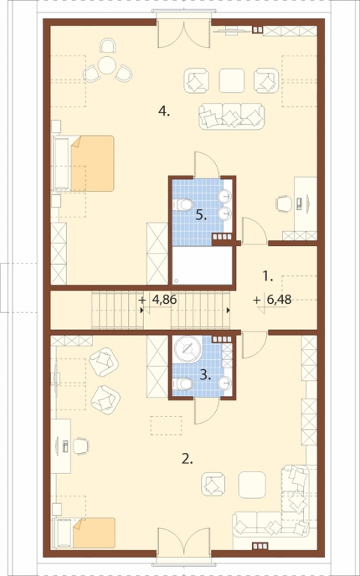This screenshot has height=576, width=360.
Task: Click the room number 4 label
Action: point(163,110)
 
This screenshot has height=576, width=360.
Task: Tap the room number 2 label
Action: point(187,459)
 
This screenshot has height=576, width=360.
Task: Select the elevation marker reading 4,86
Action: point(158,300)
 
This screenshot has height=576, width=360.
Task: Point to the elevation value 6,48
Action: point(273,300)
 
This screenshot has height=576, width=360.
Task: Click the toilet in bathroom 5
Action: point(182,205)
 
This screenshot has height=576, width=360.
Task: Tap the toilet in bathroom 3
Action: point(182,384)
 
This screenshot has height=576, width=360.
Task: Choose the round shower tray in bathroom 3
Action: point(188,349)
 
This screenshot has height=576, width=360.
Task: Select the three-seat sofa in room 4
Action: point(232,116)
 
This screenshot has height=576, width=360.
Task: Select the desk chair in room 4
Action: point(283,203)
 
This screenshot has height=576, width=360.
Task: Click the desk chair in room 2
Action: point(81,446)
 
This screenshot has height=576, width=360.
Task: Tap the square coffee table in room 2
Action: point(252,485)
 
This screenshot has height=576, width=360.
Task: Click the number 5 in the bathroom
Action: point(200,216)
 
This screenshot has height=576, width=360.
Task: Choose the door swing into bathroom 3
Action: point(207,412)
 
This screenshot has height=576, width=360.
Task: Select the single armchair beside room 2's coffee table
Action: point(213,484)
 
